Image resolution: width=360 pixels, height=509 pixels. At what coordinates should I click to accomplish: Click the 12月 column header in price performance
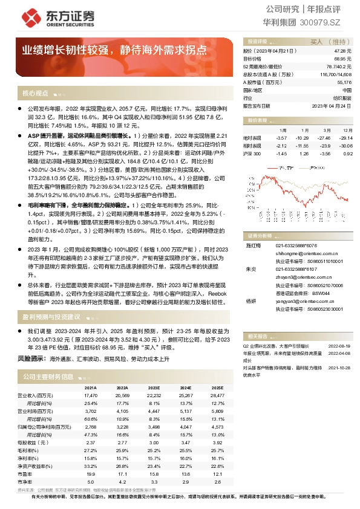pos(347,130)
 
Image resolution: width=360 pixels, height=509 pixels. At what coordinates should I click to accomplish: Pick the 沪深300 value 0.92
pos(347,154)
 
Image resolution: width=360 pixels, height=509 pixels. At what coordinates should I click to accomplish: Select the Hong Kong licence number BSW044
pos(322,292)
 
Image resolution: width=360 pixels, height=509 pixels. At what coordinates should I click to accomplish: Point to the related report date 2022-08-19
pos(339,346)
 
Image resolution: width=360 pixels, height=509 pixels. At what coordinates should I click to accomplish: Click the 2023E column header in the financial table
pos(154,387)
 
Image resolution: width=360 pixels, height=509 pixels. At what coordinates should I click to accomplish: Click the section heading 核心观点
pos(35,94)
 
